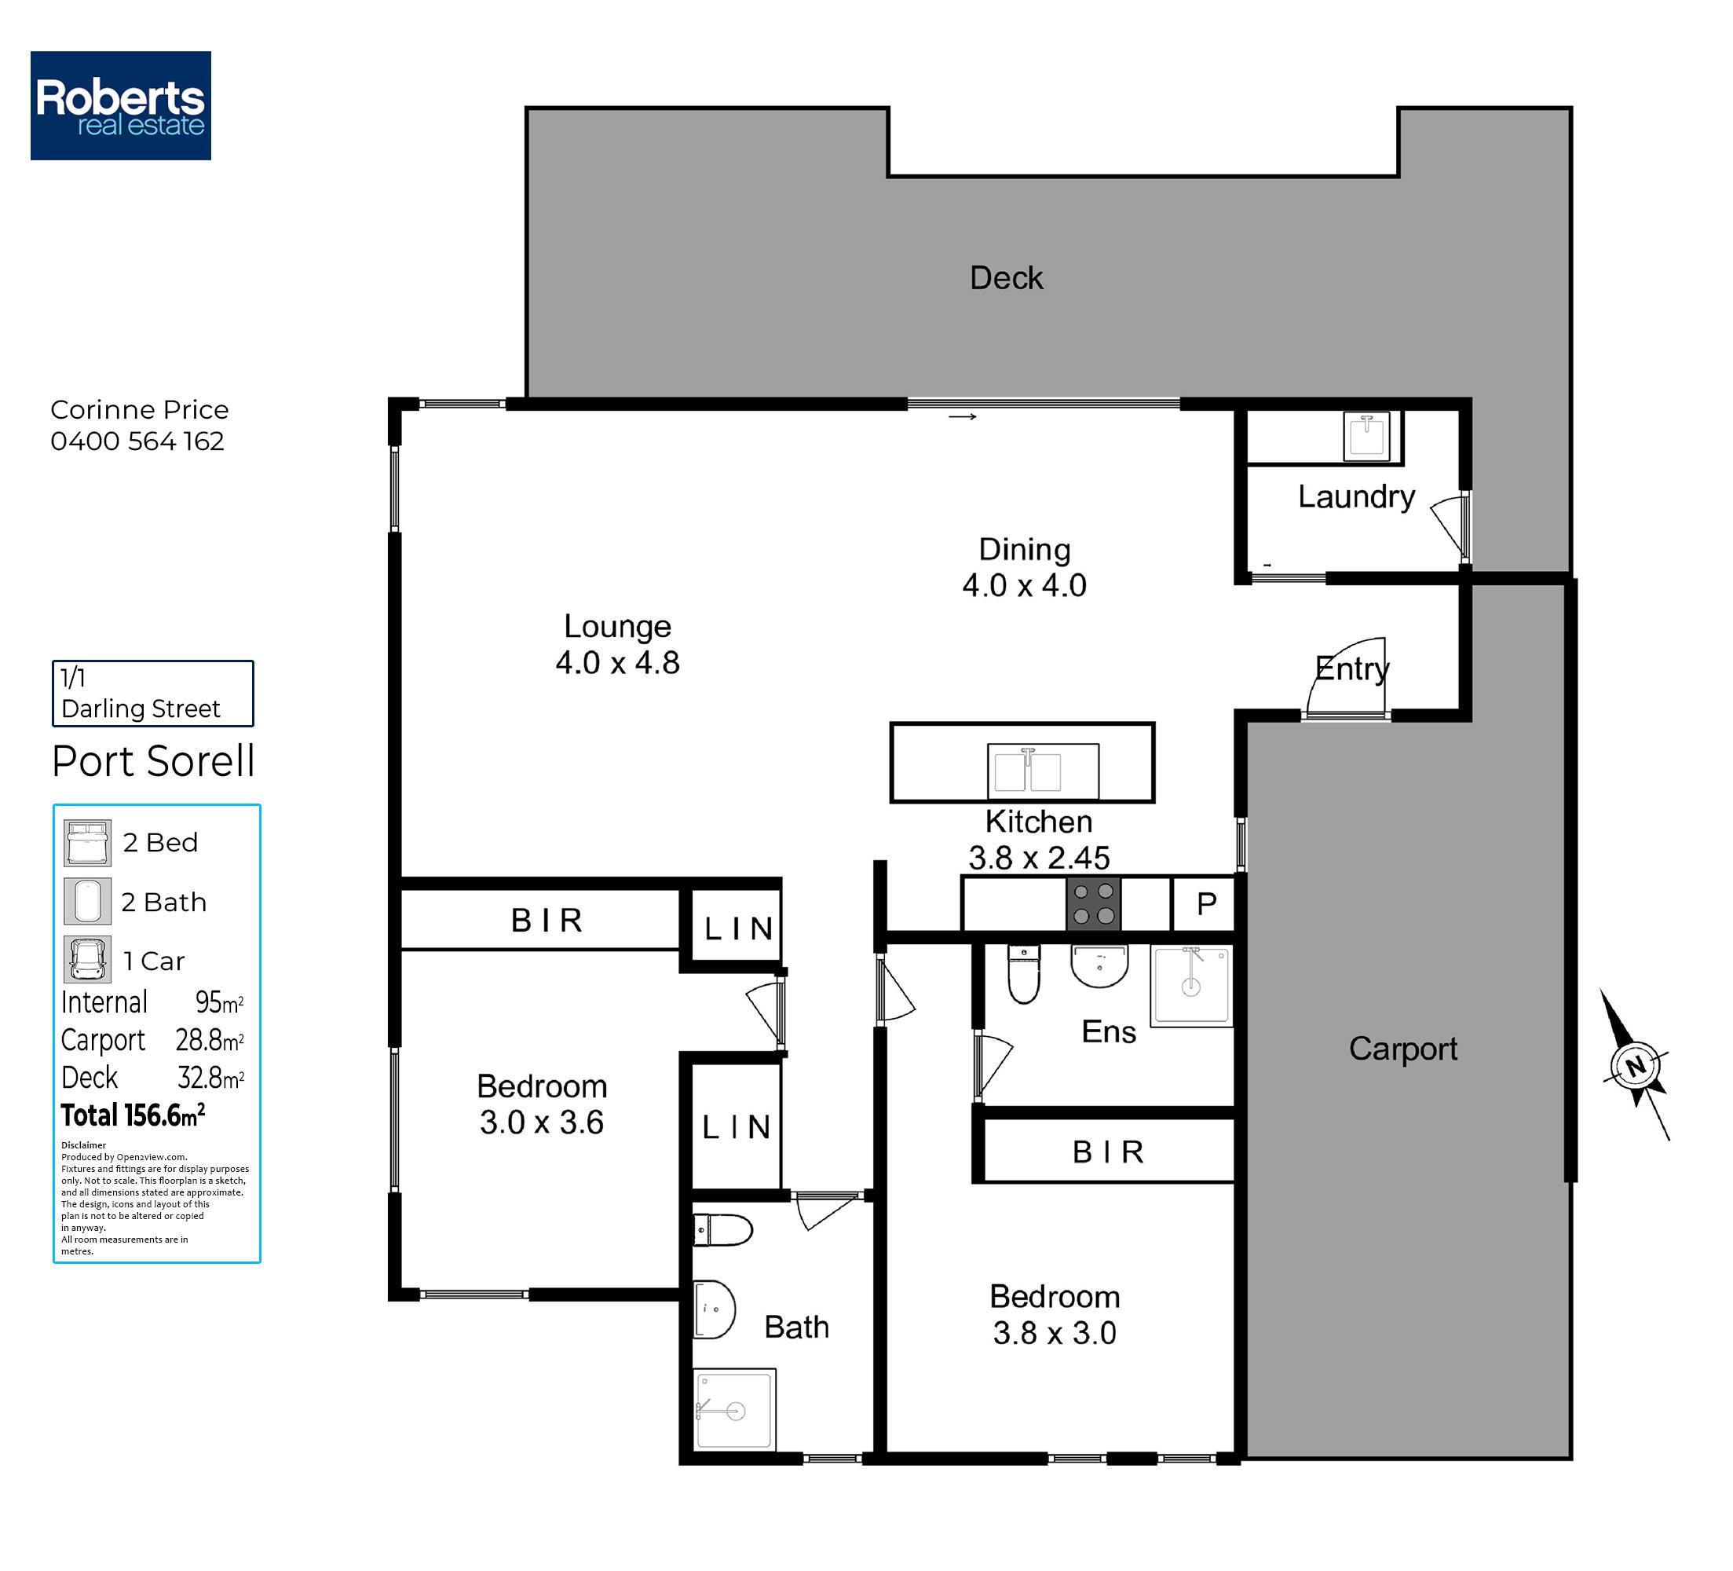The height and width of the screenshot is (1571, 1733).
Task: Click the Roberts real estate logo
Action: pos(120,105)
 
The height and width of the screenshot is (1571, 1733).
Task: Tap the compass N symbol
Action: pos(1636,1066)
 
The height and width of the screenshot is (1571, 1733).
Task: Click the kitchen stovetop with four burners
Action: pos(1094,904)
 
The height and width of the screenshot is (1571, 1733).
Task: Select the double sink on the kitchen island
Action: pos(1043,771)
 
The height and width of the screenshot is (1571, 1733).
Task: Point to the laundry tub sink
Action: pos(1366,436)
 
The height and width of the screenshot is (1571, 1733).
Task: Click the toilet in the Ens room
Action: pos(1024,974)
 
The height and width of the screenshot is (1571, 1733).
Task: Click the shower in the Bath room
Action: pos(734,1410)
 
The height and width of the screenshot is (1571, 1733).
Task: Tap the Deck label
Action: pos(1006,278)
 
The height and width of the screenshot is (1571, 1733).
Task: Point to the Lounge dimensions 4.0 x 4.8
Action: pos(617,663)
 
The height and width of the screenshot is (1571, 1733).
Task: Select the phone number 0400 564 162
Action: pos(137,441)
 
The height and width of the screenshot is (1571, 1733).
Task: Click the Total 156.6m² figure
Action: pos(133,1115)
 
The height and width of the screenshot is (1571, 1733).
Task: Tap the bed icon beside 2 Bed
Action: pos(88,843)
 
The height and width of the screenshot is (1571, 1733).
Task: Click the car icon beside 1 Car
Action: pos(88,960)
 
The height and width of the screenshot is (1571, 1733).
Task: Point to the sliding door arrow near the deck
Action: pos(962,417)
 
